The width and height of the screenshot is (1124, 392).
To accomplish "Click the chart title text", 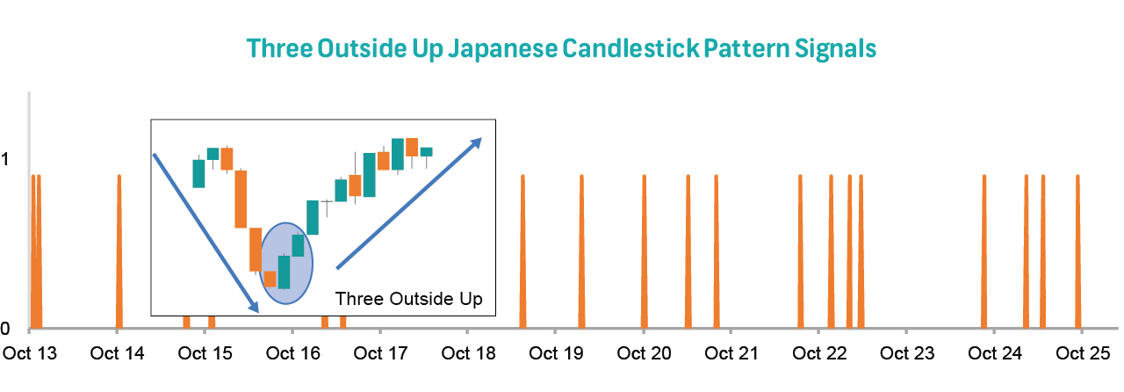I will click(562, 47).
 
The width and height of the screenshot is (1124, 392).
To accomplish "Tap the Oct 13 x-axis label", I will click(30, 354).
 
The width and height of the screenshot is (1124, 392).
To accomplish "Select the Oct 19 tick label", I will click(556, 354).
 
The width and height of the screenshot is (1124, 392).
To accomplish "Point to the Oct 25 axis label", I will click(1082, 354).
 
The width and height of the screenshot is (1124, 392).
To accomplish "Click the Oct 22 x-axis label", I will click(818, 354).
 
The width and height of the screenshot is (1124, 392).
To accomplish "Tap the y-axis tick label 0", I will click(6, 329).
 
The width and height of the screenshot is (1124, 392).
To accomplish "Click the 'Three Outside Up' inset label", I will click(409, 300).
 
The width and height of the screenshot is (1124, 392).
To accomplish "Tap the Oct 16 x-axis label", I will click(292, 354).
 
